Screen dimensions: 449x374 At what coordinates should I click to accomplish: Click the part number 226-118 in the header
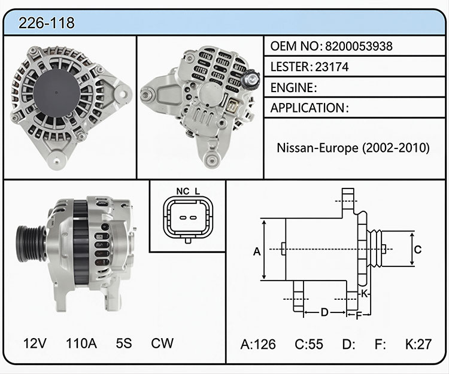[46, 23]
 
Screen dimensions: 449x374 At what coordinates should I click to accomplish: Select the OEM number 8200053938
[359, 46]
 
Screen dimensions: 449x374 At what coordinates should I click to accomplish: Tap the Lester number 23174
[332, 67]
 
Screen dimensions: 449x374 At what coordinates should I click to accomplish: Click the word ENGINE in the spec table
[292, 87]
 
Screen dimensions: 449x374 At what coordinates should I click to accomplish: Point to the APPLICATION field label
[308, 108]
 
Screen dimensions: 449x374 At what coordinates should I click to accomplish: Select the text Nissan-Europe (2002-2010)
[353, 148]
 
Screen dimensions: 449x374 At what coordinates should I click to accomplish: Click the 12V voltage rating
[35, 343]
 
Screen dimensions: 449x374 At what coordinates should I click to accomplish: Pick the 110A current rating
[81, 343]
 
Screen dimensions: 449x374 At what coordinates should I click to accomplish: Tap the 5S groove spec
[124, 343]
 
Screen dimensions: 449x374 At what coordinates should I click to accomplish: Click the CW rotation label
[162, 343]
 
